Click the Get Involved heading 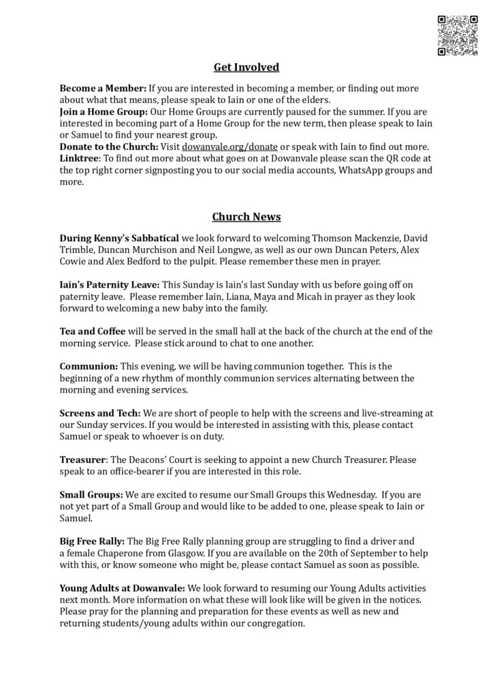(x=246, y=67)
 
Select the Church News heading (x=246, y=217)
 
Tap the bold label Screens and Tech (x=100, y=414)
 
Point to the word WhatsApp (x=350, y=170)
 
